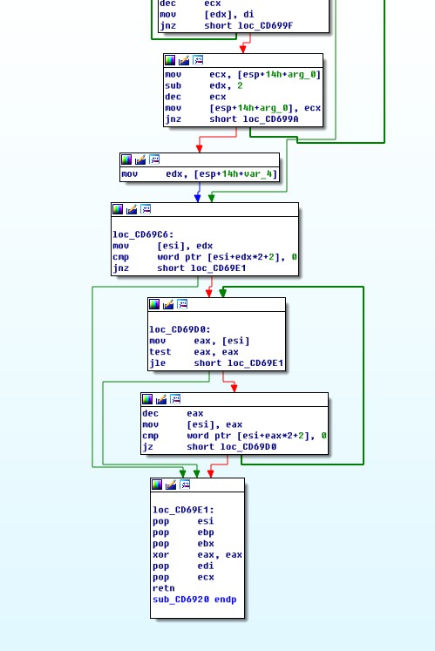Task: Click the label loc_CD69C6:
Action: [x=143, y=234]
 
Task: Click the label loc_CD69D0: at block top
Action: [x=180, y=329]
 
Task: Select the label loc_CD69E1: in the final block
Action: [x=183, y=510]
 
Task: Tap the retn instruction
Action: [x=163, y=588]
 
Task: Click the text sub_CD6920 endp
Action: [x=194, y=600]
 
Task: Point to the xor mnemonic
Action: [x=160, y=554]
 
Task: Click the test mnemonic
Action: [x=160, y=352]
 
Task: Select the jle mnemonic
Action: [x=158, y=363]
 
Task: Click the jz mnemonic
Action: [x=148, y=447]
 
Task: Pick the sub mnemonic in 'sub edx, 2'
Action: [x=173, y=85]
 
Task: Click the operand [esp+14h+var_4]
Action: [x=235, y=174]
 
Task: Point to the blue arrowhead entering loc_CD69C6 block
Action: [x=198, y=198]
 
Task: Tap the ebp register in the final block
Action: [x=206, y=532]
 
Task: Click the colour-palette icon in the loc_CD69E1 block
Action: [x=157, y=485]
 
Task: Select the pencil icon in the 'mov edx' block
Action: [x=140, y=159]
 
